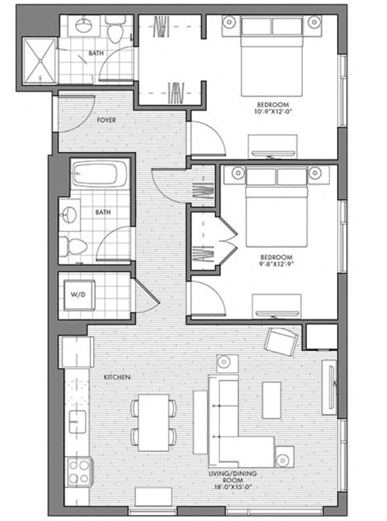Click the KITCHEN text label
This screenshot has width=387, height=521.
[x=116, y=377]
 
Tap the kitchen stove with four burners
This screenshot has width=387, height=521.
[x=78, y=470]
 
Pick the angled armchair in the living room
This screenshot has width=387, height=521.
[x=281, y=340]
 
